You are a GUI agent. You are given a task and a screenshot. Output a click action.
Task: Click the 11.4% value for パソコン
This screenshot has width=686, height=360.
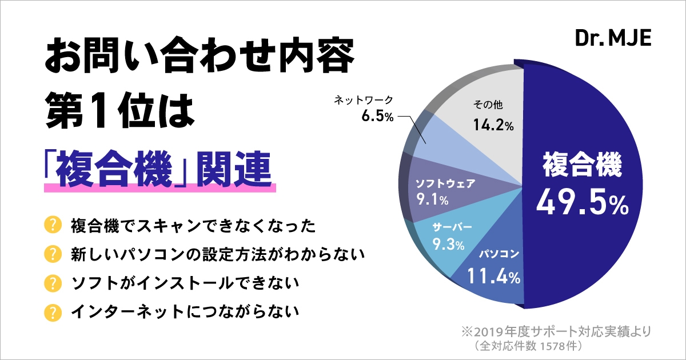pyautogui.click(x=493, y=278)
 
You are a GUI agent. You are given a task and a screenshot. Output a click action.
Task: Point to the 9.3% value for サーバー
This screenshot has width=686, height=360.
pyautogui.click(x=448, y=245)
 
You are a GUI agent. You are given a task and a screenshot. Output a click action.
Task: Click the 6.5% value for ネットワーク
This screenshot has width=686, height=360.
pyautogui.click(x=377, y=116)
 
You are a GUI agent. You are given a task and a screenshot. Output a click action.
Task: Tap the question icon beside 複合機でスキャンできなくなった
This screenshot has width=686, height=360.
pyautogui.click(x=53, y=225)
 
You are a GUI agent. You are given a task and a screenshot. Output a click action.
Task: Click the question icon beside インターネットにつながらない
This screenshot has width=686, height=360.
pyautogui.click(x=53, y=312)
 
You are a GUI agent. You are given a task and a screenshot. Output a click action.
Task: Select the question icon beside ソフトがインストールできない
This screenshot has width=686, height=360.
pyautogui.click(x=53, y=283)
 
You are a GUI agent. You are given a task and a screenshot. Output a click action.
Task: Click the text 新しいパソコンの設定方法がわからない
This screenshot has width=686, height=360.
pyautogui.click(x=217, y=254)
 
